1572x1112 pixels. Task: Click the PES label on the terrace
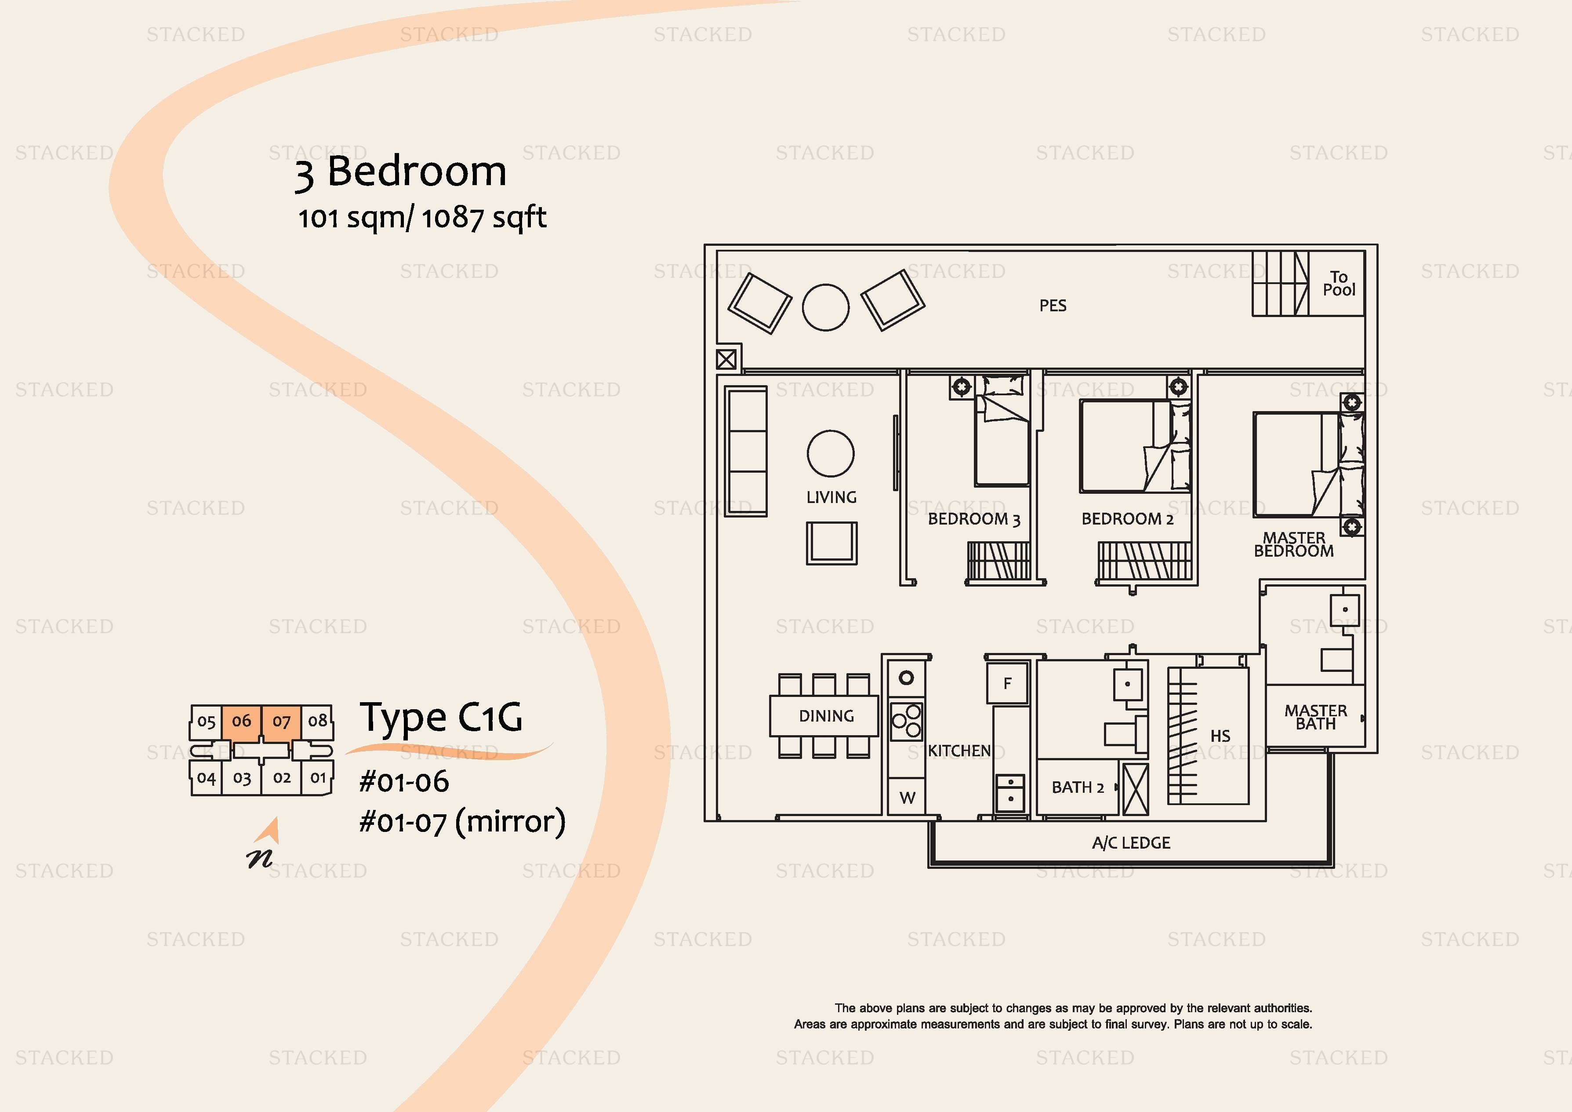tap(1053, 306)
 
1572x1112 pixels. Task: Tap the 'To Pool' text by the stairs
tap(1339, 284)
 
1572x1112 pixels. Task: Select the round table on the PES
tap(826, 308)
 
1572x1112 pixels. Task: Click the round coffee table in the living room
tap(831, 454)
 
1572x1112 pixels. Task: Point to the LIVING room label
tap(831, 497)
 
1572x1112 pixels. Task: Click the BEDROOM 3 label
tap(973, 519)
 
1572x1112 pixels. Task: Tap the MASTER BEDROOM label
tap(1294, 545)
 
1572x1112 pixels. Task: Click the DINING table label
tap(826, 716)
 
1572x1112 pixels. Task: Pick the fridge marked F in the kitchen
tap(1008, 683)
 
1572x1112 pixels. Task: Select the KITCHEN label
tap(959, 751)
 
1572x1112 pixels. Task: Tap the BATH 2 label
tap(1078, 788)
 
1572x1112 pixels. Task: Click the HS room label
tap(1220, 736)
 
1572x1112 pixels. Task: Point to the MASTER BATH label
tap(1315, 717)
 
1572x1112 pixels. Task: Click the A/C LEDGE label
tap(1131, 843)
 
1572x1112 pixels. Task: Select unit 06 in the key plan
tap(242, 722)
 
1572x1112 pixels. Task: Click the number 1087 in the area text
tap(453, 218)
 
